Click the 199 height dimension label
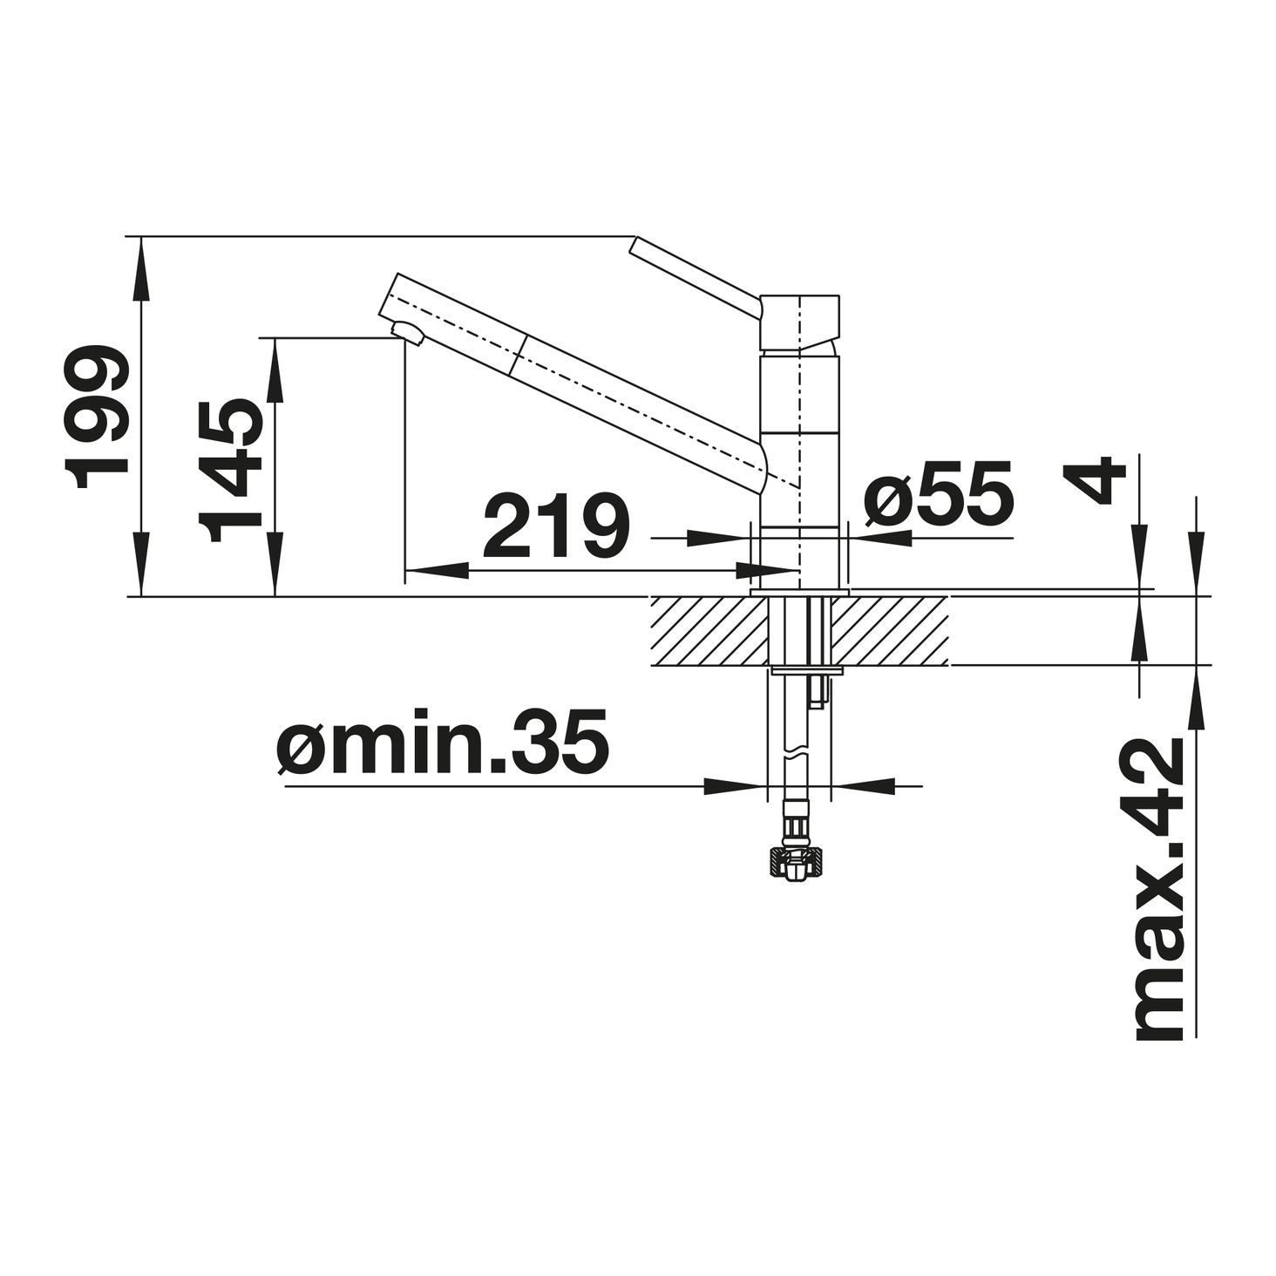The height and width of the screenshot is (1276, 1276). (x=95, y=417)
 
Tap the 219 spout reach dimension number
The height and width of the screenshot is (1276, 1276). (x=555, y=525)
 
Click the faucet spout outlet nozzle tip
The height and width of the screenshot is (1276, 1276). (x=406, y=333)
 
